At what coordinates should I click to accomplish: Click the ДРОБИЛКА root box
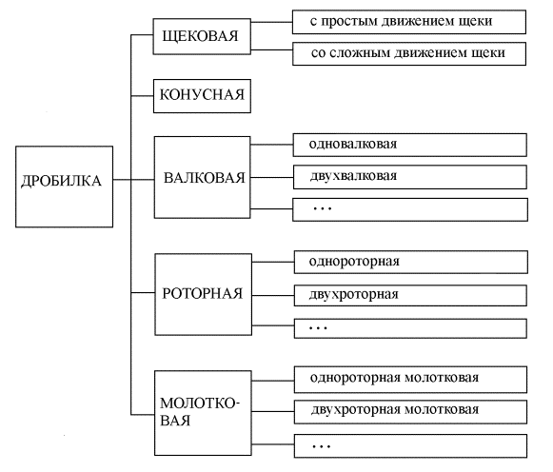(x=64, y=187)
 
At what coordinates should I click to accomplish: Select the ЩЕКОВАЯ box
(x=202, y=36)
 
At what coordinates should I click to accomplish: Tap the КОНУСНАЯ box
(x=202, y=96)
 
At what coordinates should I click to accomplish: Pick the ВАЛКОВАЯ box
(x=203, y=177)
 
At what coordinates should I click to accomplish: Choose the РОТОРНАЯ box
(x=204, y=294)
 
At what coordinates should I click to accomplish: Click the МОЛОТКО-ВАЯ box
(x=203, y=413)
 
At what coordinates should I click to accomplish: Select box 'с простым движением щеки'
(x=409, y=22)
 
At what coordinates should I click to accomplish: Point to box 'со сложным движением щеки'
(x=409, y=54)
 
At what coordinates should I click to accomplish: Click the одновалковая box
(x=410, y=145)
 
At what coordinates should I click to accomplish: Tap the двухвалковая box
(x=410, y=177)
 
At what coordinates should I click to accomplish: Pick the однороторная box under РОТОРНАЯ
(x=411, y=262)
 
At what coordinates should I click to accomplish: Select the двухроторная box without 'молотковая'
(x=410, y=295)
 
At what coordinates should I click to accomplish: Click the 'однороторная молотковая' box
(x=410, y=380)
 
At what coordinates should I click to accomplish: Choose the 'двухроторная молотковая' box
(x=410, y=412)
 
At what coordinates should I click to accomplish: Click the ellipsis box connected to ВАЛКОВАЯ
(x=410, y=209)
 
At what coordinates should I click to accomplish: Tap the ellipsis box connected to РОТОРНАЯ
(x=410, y=328)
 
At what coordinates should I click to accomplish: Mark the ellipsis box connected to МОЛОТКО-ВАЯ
(x=410, y=446)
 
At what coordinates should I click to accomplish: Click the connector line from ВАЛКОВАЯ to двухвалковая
(x=272, y=177)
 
